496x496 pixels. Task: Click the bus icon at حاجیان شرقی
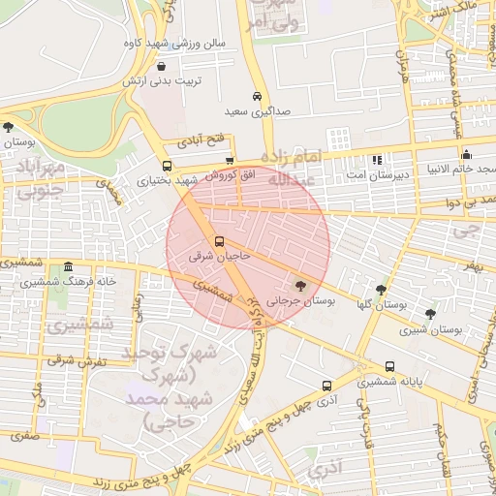218,241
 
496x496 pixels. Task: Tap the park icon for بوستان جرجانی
299,286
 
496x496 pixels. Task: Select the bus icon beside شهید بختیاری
168,166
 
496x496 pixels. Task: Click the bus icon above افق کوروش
230,161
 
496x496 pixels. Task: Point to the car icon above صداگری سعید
256,97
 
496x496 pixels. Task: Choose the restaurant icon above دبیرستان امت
377,160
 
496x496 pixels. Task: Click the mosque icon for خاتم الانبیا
467,154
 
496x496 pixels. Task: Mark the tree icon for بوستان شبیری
430,313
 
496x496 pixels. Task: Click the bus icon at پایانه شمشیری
389,366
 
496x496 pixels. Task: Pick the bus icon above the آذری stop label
325,385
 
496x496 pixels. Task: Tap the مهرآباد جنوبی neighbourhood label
38,182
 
